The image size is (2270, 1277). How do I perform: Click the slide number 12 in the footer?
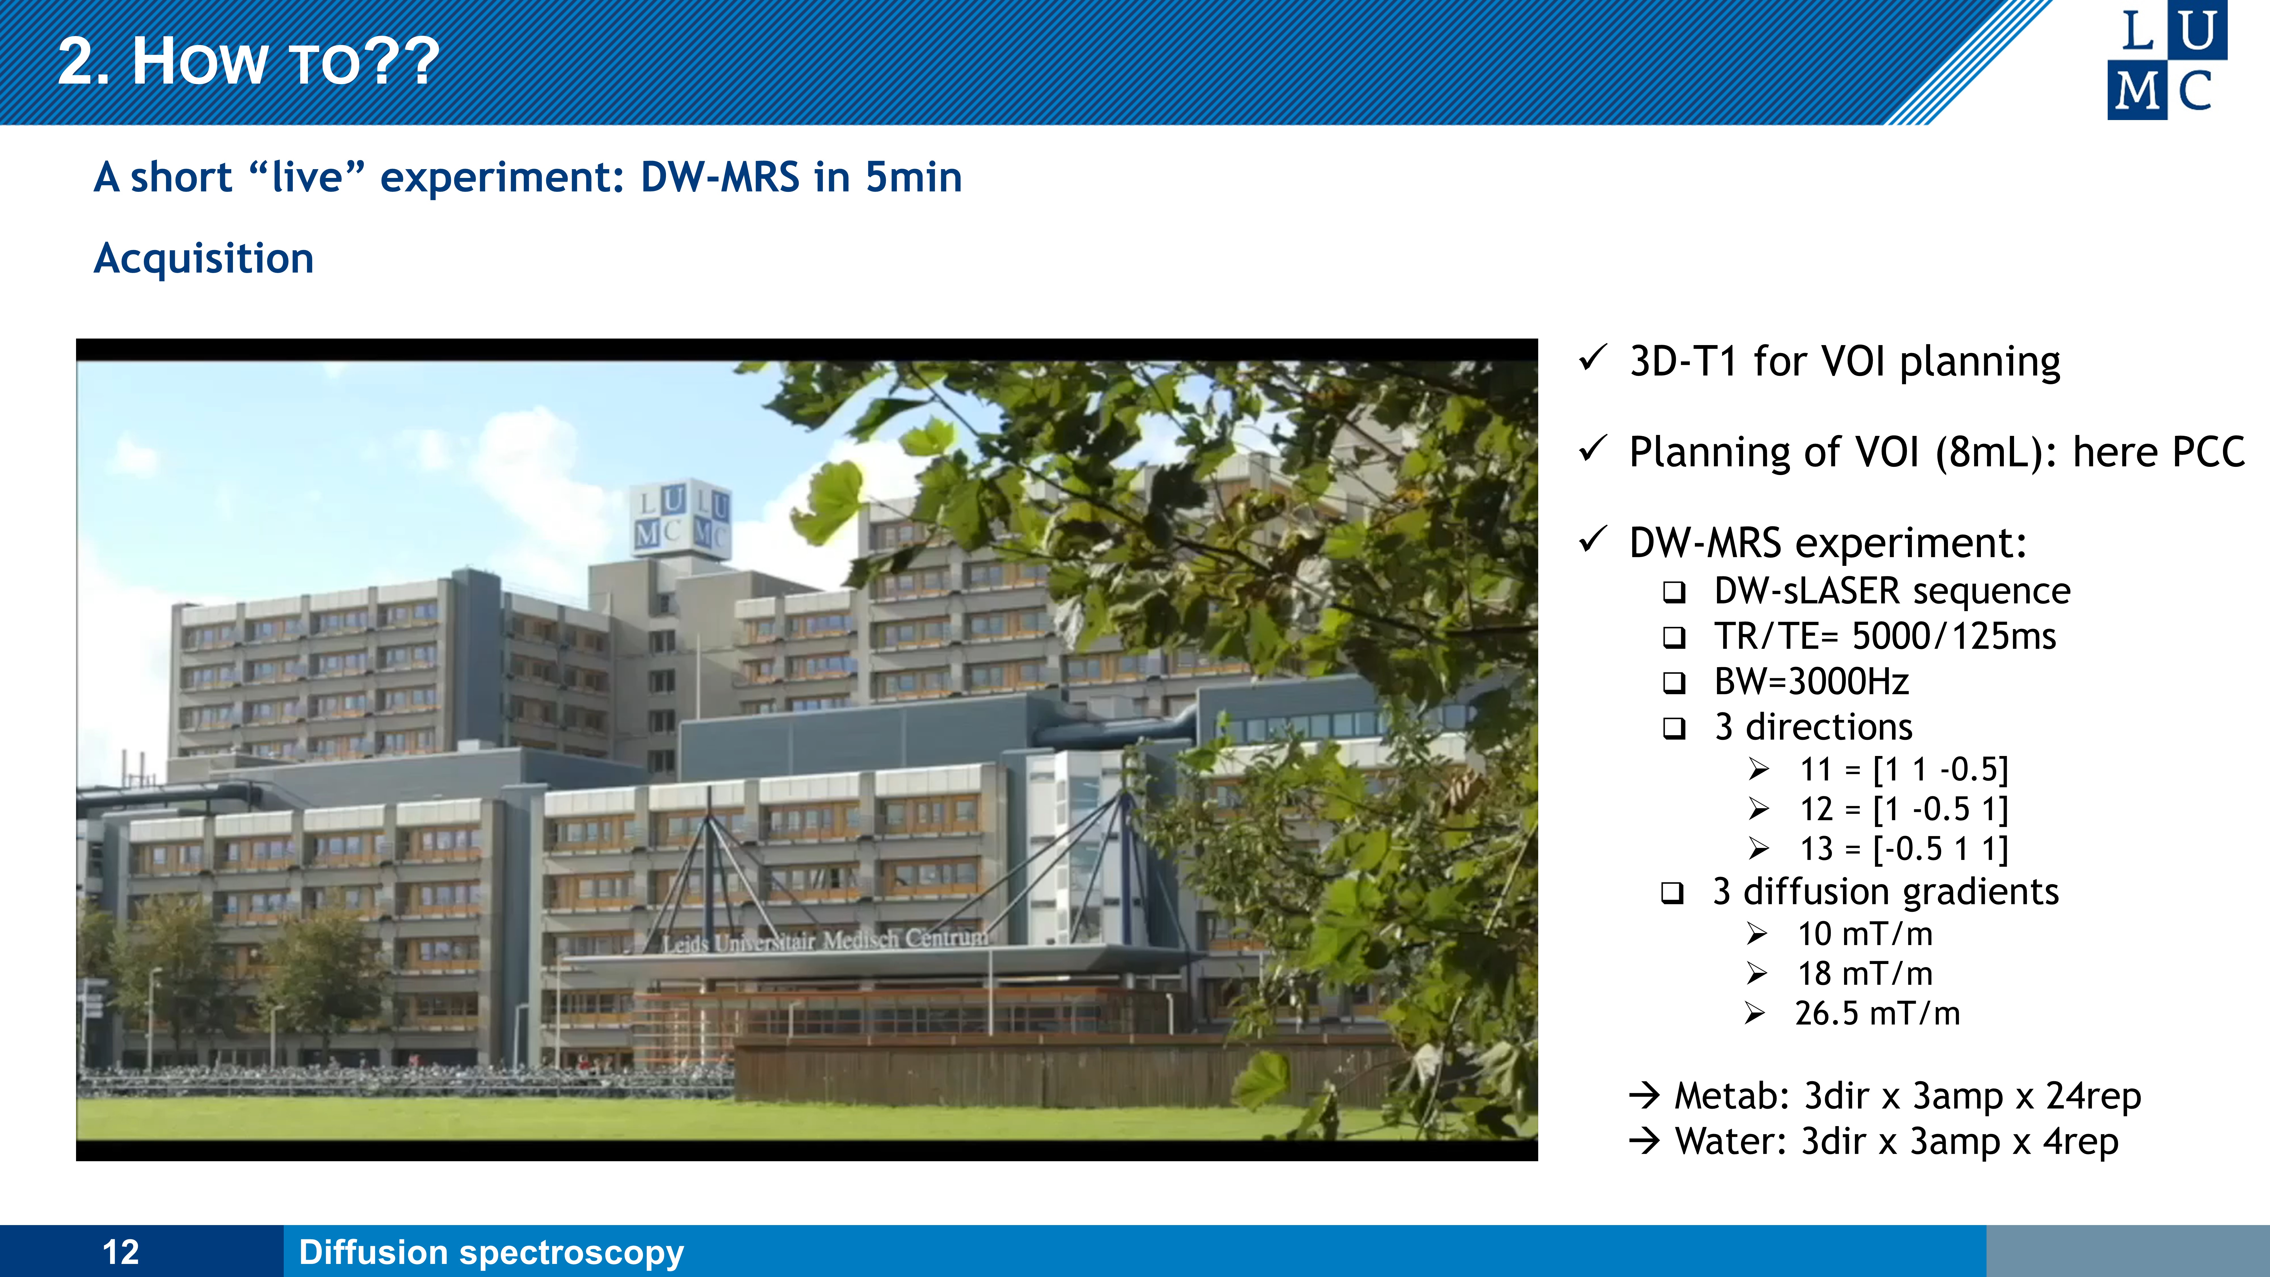pyautogui.click(x=121, y=1252)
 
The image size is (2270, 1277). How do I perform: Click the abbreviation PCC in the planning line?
pyautogui.click(x=2209, y=452)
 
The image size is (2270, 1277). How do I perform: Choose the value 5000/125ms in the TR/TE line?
pyautogui.click(x=1954, y=636)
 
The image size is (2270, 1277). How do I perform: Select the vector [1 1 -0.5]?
pyautogui.click(x=1939, y=769)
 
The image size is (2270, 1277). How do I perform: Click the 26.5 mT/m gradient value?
pyautogui.click(x=1877, y=1013)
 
